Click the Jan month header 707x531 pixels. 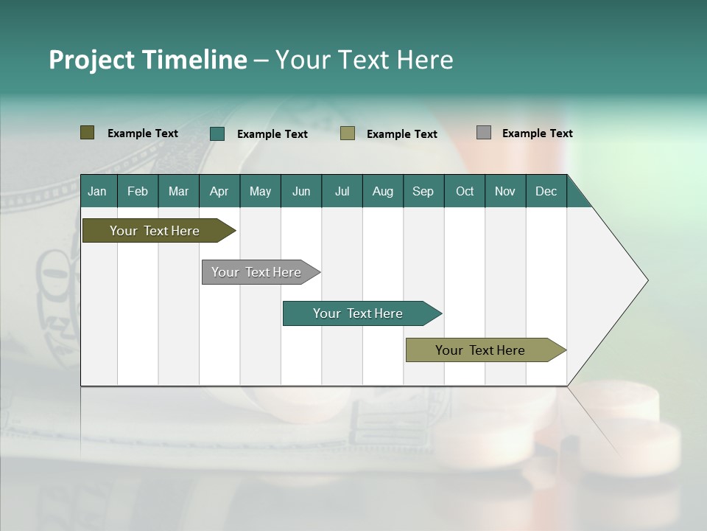[98, 192]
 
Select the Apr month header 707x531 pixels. [219, 192]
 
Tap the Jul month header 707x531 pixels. [342, 192]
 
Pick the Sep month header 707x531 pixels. [423, 192]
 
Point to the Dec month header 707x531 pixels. [546, 192]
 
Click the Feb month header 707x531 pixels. [138, 192]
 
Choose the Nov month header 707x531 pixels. [504, 192]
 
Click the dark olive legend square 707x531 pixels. [87, 133]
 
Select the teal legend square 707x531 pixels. [217, 133]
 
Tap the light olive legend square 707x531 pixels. [347, 133]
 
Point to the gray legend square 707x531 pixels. [483, 133]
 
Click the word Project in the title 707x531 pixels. [92, 60]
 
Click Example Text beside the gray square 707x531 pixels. [537, 133]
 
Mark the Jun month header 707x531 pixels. [300, 192]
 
